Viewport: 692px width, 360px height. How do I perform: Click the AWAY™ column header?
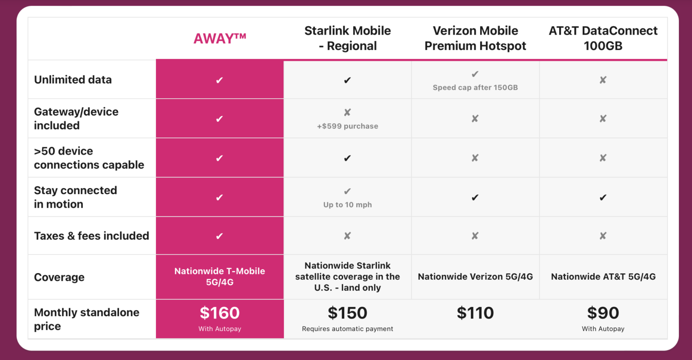point(219,39)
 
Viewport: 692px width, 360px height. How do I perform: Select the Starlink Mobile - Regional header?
point(347,38)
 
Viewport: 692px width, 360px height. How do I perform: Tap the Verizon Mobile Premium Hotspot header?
point(475,38)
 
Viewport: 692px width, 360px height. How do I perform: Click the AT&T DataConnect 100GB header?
point(603,38)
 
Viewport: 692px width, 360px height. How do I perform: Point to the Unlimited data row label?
point(73,80)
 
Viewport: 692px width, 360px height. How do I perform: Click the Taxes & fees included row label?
point(91,236)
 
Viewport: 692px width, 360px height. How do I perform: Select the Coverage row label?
point(59,277)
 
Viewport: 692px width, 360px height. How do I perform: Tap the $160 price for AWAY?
point(219,313)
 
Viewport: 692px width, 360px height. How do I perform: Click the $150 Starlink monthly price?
point(347,313)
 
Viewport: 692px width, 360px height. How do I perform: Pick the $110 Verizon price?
point(475,313)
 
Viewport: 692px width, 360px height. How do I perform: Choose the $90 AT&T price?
point(603,313)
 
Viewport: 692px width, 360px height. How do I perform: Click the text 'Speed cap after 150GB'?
point(475,87)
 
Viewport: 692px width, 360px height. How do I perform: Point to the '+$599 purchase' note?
point(347,126)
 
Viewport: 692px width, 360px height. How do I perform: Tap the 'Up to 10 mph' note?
point(347,205)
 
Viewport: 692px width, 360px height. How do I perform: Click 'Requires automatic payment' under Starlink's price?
point(347,329)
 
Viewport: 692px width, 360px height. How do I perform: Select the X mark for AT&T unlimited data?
point(603,80)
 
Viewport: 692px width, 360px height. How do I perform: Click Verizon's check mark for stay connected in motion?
point(475,197)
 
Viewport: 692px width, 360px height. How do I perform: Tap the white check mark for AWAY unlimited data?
point(219,80)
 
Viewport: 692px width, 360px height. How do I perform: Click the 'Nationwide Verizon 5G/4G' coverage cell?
point(475,277)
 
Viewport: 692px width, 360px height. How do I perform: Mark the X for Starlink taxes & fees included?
point(347,236)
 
